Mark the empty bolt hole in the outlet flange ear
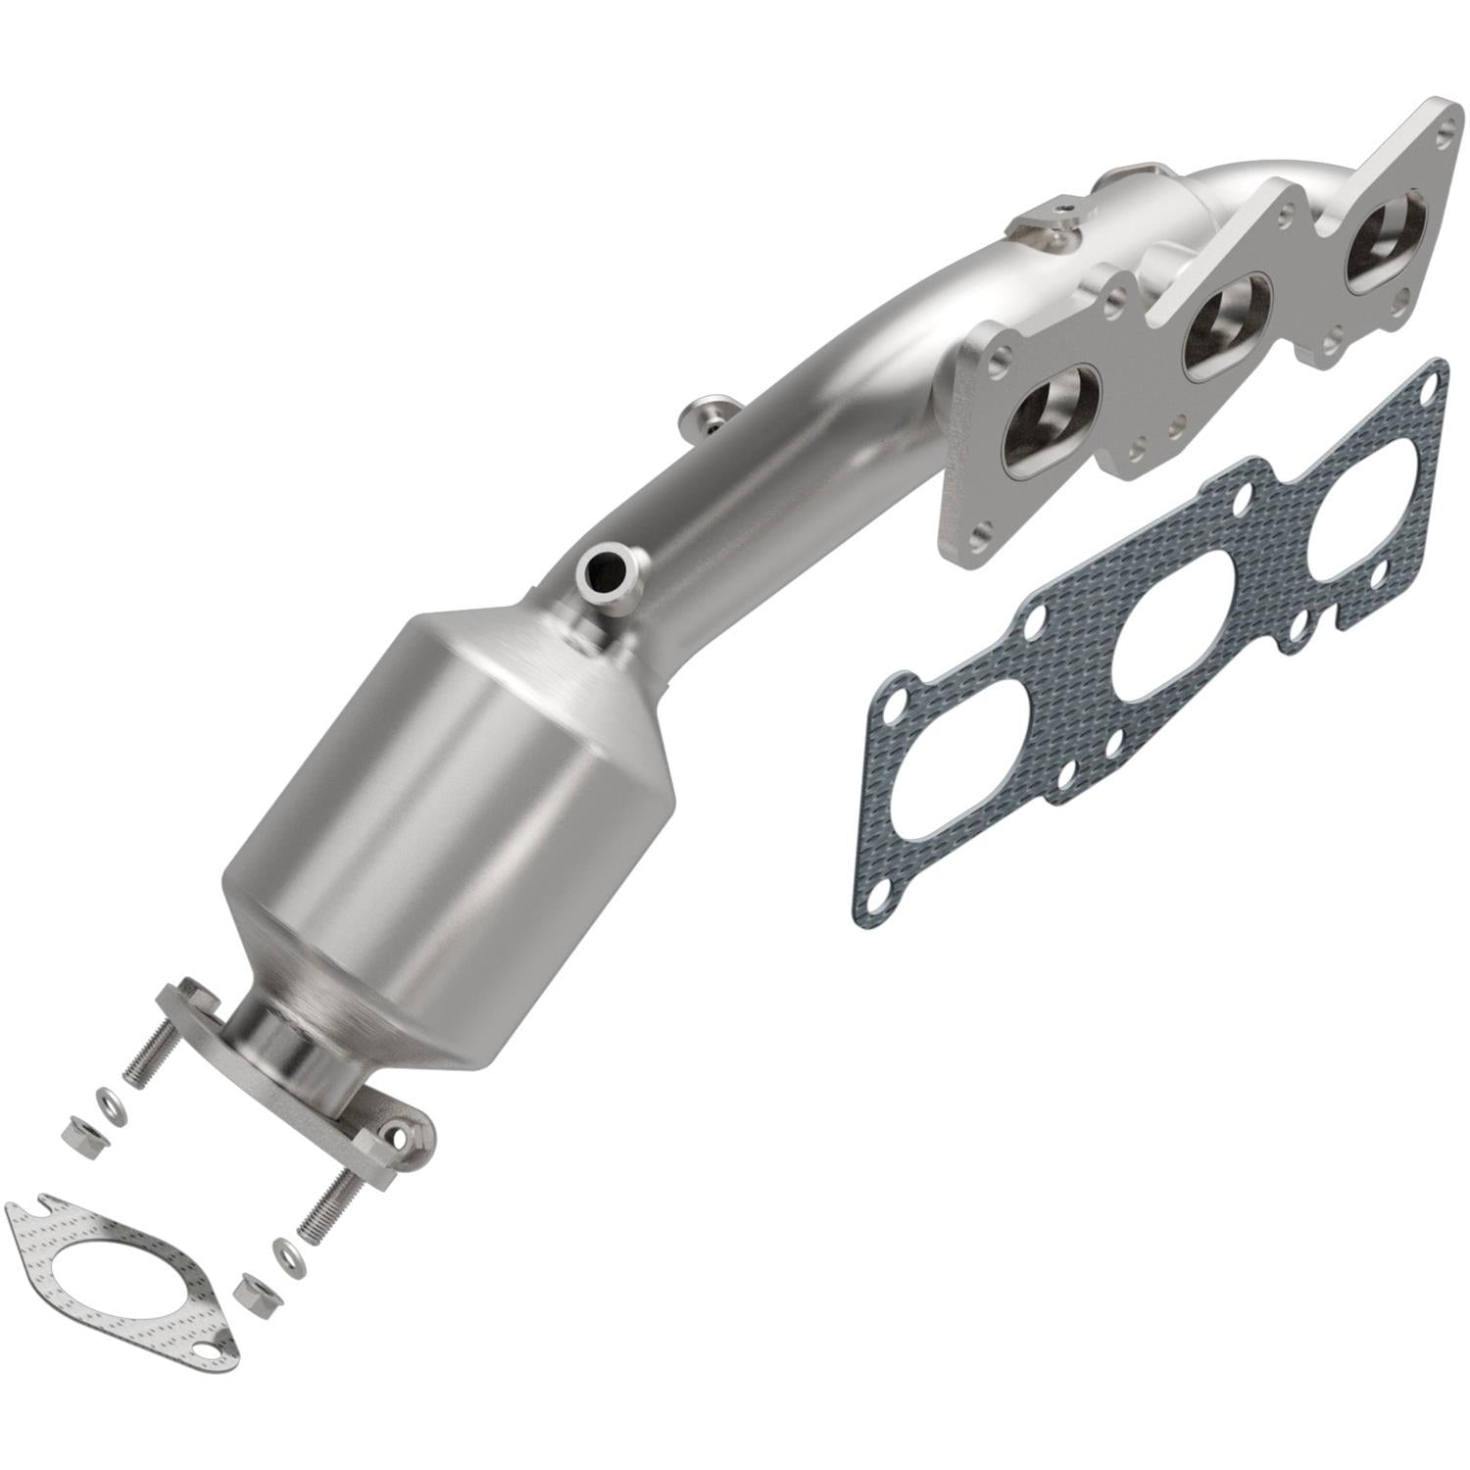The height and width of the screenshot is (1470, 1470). pos(397,1137)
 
